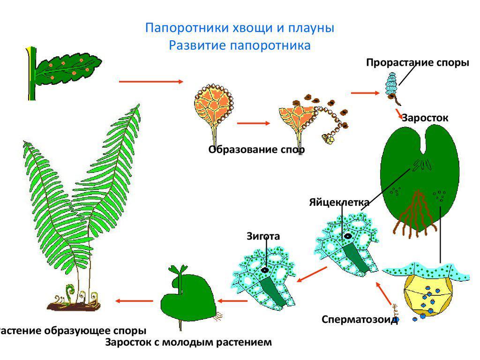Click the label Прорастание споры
click(417, 63)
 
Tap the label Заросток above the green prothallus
click(425, 118)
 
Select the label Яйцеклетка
click(339, 202)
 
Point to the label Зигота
click(263, 236)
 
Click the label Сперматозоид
click(360, 320)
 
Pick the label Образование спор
click(256, 150)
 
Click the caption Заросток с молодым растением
click(188, 342)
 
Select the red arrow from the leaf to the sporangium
click(151, 82)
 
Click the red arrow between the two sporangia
click(254, 123)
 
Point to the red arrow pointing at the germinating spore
click(365, 93)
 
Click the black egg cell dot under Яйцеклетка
click(348, 236)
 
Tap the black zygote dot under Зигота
click(265, 270)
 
